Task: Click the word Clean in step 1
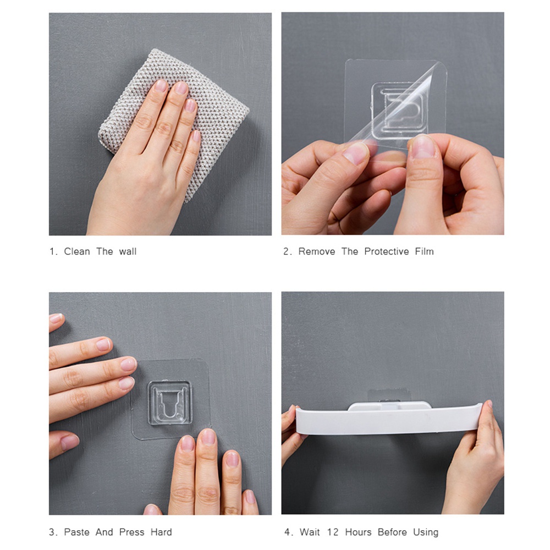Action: [x=77, y=251]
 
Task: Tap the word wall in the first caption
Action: [x=128, y=251]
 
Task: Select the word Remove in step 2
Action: [x=317, y=251]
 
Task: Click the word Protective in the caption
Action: [x=387, y=251]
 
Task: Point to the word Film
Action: [x=425, y=251]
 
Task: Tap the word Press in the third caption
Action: [x=131, y=532]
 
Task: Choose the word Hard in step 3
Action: [x=161, y=532]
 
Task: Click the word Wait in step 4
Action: [x=310, y=532]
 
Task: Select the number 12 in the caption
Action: [x=333, y=532]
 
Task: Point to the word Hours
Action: [x=358, y=532]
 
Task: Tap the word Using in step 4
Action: [x=426, y=532]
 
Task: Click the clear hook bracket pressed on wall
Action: [x=170, y=403]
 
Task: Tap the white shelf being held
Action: [x=389, y=420]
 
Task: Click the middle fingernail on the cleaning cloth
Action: [x=181, y=87]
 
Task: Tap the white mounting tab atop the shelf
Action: [x=389, y=406]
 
